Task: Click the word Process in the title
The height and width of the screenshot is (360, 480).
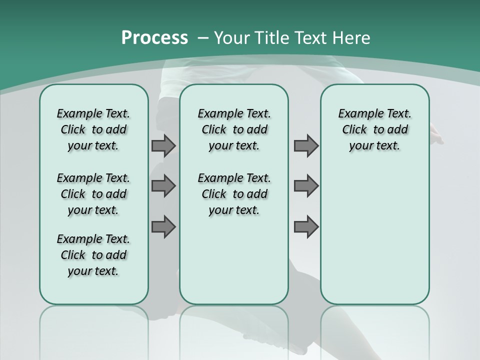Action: click(x=154, y=38)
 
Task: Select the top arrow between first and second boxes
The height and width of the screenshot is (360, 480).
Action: click(x=163, y=145)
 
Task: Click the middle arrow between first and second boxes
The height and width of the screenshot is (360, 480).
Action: click(x=163, y=186)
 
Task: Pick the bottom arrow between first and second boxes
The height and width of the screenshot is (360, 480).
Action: click(x=163, y=227)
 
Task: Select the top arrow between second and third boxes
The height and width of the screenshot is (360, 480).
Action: click(x=306, y=145)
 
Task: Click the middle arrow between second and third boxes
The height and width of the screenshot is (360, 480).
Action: click(x=306, y=186)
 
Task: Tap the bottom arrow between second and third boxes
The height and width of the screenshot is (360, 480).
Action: click(x=306, y=227)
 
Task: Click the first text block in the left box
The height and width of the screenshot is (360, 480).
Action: click(x=93, y=129)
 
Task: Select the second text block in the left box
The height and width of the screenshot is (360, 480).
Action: click(x=93, y=194)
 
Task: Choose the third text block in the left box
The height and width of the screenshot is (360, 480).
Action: click(x=93, y=255)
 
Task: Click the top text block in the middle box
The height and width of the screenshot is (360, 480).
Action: click(x=234, y=129)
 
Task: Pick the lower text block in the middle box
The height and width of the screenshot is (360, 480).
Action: click(x=234, y=194)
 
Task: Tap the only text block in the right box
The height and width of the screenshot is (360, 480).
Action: click(x=374, y=129)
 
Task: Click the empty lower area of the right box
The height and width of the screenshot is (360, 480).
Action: click(x=374, y=235)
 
